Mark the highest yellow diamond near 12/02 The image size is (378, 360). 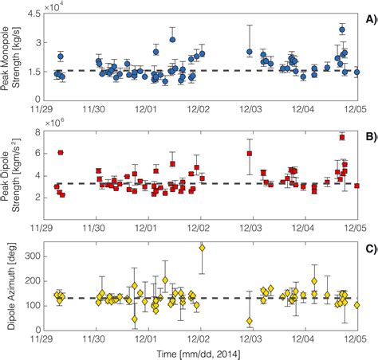[x=202, y=248]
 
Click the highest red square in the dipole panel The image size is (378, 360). [x=341, y=137]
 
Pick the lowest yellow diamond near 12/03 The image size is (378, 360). [x=250, y=321]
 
